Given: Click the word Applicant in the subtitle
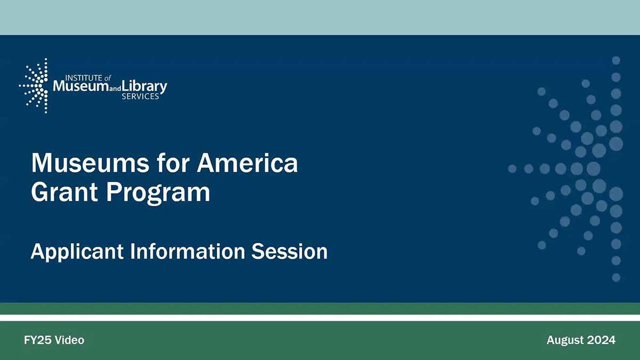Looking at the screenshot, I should [76, 251].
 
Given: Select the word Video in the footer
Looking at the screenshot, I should [70, 340].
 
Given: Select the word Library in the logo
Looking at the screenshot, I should [145, 86].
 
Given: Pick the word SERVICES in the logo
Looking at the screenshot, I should [140, 97].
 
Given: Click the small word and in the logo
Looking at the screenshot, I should [113, 89].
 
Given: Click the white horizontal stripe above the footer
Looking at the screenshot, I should [320, 318].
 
